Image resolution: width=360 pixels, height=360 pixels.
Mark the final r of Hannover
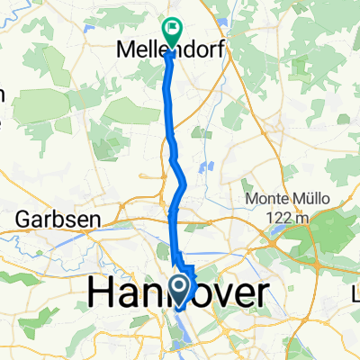pos(260,292)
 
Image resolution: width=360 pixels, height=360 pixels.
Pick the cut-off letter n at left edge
pos(3,93)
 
